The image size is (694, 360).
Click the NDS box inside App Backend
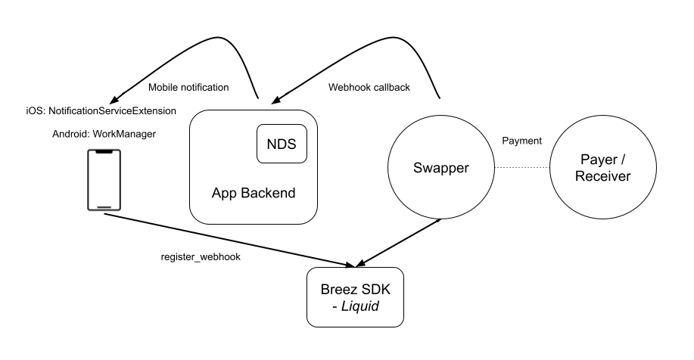click(x=282, y=144)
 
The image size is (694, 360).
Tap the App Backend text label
click(x=253, y=193)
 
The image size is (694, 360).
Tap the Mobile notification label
click(x=188, y=87)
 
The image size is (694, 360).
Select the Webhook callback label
click(x=369, y=87)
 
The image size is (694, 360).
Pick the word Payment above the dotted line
click(x=522, y=141)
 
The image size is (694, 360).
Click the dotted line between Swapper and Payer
click(x=522, y=167)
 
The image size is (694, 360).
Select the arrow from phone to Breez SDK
click(x=227, y=240)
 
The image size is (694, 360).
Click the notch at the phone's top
click(x=105, y=153)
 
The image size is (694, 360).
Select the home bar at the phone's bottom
click(x=105, y=207)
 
